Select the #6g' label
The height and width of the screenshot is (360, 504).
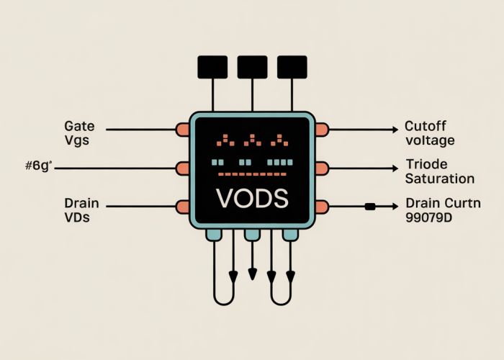[39, 167]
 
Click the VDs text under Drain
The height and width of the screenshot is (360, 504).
[77, 217]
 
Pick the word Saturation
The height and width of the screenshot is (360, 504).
[440, 179]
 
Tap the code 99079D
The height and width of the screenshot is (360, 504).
[432, 217]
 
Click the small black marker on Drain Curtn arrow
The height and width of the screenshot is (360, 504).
[370, 207]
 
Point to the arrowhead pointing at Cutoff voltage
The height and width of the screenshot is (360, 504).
[394, 130]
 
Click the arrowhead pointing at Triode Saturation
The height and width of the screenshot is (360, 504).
[394, 168]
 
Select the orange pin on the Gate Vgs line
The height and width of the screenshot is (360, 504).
[182, 130]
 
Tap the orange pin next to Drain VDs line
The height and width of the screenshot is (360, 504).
[182, 207]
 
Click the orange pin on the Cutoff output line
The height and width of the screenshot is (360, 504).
[321, 130]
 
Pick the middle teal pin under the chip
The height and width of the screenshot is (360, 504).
[252, 235]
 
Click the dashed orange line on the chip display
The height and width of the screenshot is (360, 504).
[251, 174]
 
